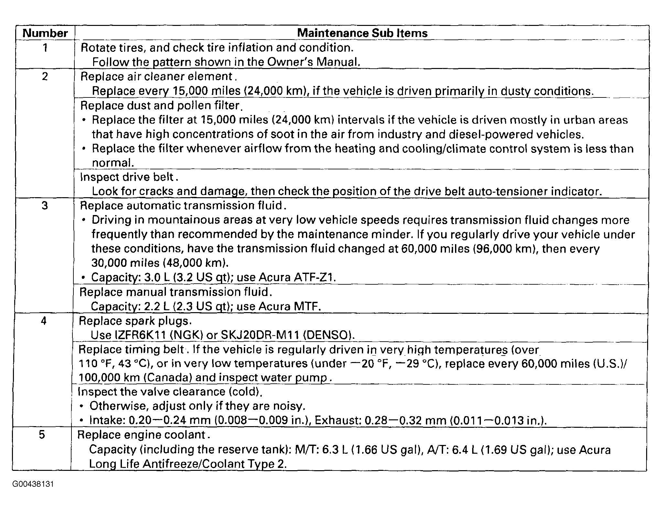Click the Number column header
(45, 33)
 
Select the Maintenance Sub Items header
(362, 33)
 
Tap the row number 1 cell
(45, 48)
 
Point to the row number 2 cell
(45, 77)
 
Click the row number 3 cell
(45, 206)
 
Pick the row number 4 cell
(44, 321)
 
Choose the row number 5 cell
(42, 435)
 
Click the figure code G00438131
(33, 484)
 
